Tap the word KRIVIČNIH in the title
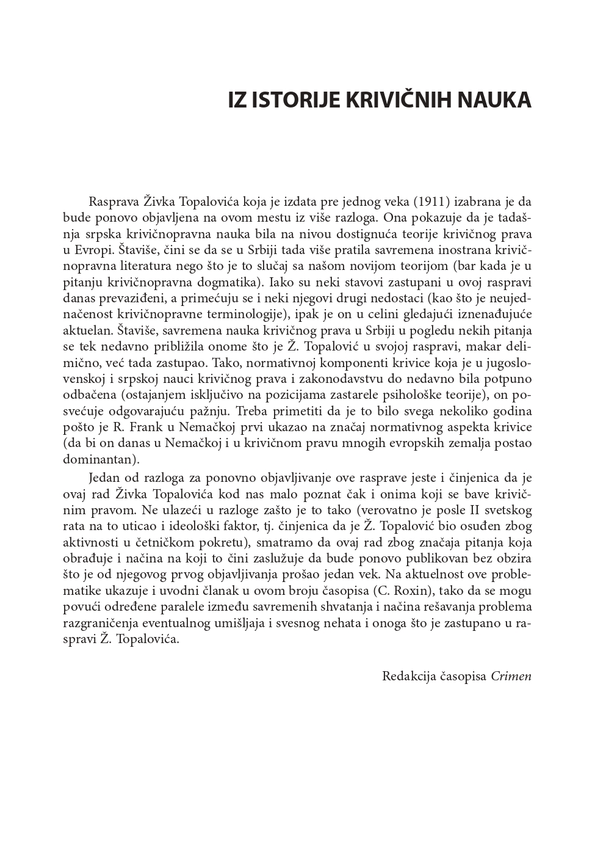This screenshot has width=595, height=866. click(x=401, y=100)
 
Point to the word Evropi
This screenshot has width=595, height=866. click(x=93, y=250)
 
